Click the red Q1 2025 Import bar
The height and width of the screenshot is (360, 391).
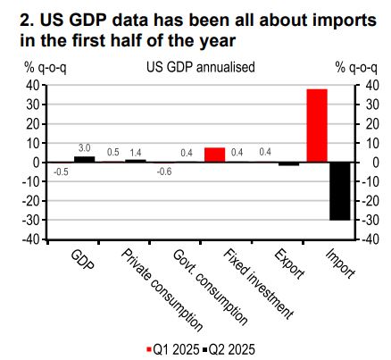click(x=317, y=125)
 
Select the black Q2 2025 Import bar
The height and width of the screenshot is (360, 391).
click(x=340, y=191)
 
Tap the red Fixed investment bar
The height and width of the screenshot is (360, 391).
click(x=214, y=155)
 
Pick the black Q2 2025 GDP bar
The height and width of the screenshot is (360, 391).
click(x=85, y=159)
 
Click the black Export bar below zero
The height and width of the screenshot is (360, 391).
click(x=288, y=164)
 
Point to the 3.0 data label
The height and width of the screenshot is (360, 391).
click(x=85, y=148)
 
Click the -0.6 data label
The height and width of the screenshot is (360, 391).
click(x=164, y=172)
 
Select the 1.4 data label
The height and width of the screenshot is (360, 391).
click(x=136, y=153)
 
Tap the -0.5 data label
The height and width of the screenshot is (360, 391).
click(x=61, y=172)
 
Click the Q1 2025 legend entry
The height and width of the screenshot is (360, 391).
click(x=173, y=349)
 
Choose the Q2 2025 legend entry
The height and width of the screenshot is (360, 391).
click(x=229, y=349)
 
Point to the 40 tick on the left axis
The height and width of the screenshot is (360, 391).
click(x=33, y=86)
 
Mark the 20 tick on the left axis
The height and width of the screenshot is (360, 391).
click(x=33, y=124)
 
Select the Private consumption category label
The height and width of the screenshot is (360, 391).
click(x=162, y=290)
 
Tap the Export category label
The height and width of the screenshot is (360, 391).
click(x=289, y=264)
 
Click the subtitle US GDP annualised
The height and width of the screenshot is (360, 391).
click(x=201, y=67)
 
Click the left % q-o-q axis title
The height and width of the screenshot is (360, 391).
click(x=46, y=68)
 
